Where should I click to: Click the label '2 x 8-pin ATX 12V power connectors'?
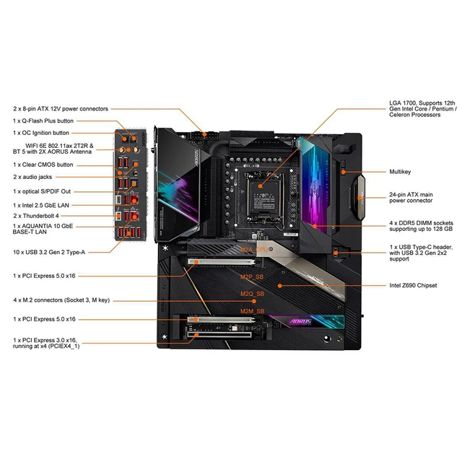click(61, 109)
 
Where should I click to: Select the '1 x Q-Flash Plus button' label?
click(43, 121)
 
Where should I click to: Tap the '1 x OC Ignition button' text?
click(42, 133)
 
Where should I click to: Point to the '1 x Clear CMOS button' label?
click(43, 165)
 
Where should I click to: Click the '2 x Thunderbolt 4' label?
click(37, 216)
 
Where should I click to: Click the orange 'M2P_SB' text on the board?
click(252, 275)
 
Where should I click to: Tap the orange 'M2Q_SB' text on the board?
click(252, 294)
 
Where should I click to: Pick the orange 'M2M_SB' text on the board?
click(252, 310)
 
